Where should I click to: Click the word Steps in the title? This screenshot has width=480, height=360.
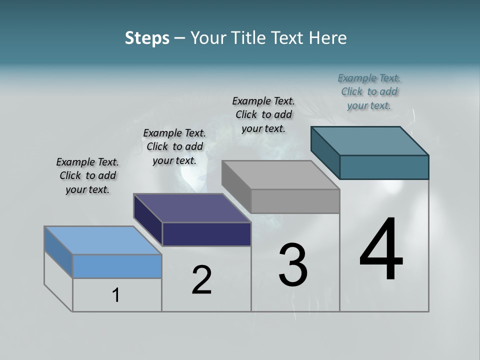(x=147, y=38)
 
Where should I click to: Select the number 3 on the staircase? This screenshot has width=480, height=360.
(x=292, y=265)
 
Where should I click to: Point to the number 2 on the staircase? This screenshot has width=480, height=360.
(x=201, y=280)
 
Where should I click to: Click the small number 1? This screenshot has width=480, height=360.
(x=116, y=295)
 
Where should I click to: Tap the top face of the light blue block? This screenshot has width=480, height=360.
(x=102, y=240)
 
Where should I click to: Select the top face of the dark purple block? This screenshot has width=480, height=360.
(x=191, y=208)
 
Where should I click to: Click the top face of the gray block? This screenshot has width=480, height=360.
(x=280, y=175)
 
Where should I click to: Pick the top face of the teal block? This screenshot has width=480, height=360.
(x=369, y=141)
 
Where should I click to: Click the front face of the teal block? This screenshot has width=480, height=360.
(x=384, y=167)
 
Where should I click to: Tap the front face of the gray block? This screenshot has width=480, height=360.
(x=295, y=201)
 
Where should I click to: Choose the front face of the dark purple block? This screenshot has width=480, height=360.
(x=206, y=234)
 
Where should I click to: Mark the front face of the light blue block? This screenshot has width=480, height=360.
(x=117, y=266)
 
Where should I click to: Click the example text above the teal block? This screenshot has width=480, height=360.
(x=369, y=91)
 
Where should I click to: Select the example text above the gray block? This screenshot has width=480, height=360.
(x=263, y=114)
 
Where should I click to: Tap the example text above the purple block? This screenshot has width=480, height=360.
(x=174, y=146)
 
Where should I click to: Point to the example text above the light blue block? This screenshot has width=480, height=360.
(x=87, y=175)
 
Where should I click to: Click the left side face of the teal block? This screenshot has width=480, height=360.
(x=325, y=152)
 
